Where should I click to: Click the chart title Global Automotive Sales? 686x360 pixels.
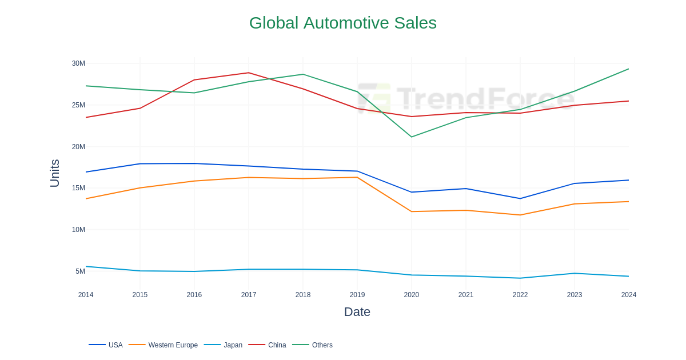click(342, 23)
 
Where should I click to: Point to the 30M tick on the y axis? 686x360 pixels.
click(78, 63)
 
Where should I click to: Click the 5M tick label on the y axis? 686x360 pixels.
click(80, 271)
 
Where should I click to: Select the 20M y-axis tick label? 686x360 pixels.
click(78, 147)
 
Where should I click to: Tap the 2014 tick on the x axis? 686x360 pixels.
click(86, 295)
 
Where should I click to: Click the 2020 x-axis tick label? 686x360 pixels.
click(412, 295)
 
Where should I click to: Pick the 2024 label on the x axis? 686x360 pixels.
click(628, 295)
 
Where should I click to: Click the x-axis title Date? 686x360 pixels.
click(357, 312)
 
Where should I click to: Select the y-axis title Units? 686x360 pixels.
click(55, 173)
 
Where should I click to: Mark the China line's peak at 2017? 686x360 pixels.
click(249, 73)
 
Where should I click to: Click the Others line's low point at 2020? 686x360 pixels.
click(412, 137)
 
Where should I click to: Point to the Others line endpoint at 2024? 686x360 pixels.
click(628, 69)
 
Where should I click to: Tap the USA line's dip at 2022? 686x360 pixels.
click(520, 198)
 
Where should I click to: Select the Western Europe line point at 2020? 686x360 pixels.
click(412, 211)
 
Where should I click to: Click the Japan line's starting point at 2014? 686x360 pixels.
click(86, 266)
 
